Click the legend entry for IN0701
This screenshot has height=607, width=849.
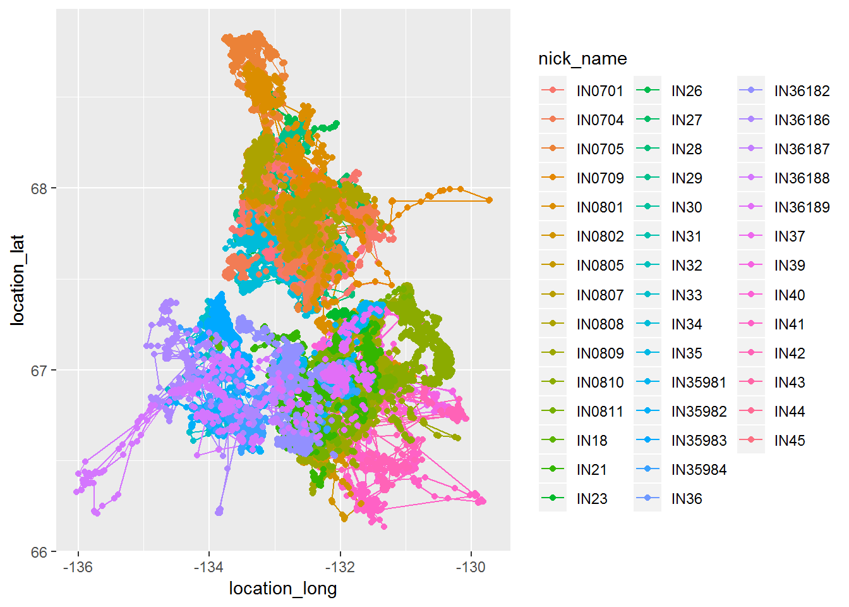point(599,91)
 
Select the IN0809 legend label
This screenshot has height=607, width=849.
point(599,353)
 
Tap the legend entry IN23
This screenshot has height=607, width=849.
point(591,499)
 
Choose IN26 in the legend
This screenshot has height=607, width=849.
point(686,91)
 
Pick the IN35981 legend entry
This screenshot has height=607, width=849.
point(698,383)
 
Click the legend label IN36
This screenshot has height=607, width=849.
point(686,499)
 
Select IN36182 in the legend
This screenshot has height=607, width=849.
point(802,91)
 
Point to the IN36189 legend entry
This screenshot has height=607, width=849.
point(802,207)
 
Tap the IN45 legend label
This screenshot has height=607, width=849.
point(789,441)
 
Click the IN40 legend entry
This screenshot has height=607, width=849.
point(789,295)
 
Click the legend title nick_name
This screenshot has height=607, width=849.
point(582,59)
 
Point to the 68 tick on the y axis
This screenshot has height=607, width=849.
point(39,188)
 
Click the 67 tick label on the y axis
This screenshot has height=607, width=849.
point(39,371)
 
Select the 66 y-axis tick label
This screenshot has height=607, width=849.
point(39,553)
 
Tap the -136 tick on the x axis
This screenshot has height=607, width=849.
point(78,567)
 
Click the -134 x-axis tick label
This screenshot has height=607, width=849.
point(208,567)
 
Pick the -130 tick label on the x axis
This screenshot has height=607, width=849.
point(471,567)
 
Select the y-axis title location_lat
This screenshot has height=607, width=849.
point(17,280)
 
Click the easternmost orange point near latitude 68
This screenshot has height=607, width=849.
point(489,200)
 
